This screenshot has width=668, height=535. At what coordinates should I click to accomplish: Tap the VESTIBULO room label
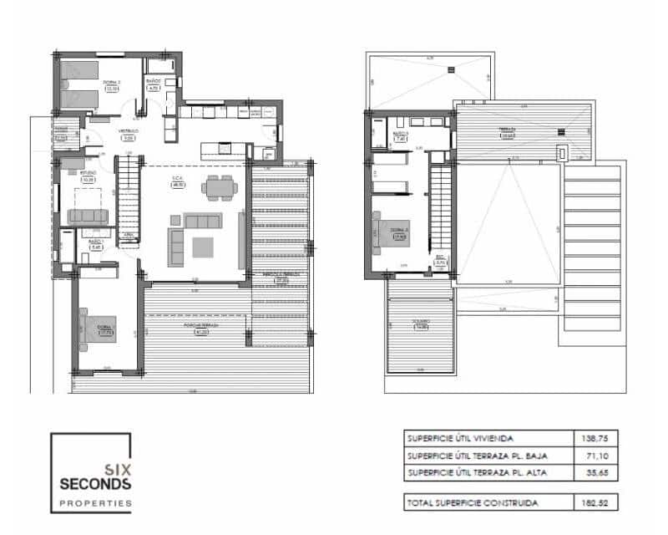click(127, 133)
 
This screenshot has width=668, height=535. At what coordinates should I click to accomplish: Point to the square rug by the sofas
click(203, 247)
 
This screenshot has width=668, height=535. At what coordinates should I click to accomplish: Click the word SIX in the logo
click(115, 470)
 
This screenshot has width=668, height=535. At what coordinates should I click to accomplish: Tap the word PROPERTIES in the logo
click(95, 503)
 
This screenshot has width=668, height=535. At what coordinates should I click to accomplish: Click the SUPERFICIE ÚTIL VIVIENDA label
click(459, 438)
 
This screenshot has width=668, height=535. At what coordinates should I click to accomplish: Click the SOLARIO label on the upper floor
click(421, 322)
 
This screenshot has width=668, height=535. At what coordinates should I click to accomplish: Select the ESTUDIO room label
click(88, 176)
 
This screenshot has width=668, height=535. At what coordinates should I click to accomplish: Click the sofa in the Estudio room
click(88, 216)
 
